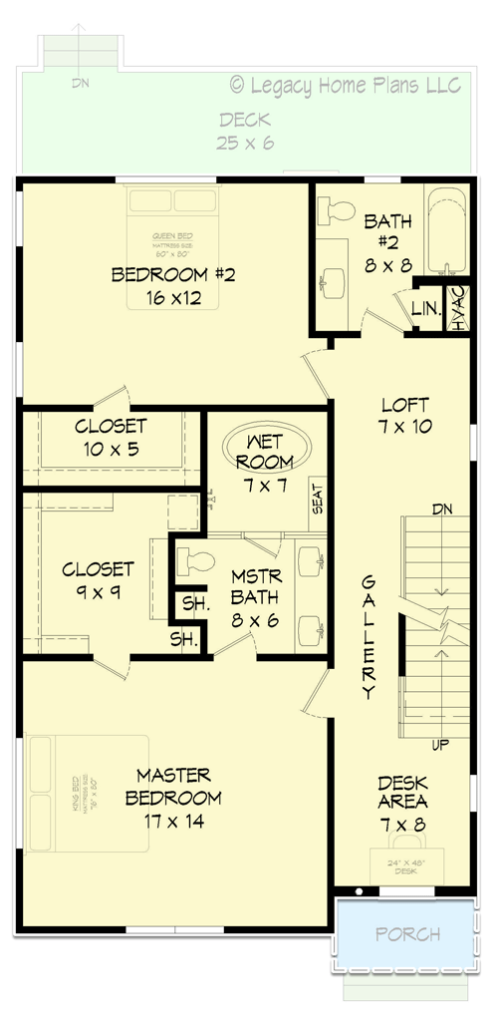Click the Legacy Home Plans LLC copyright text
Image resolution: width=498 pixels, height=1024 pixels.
[x=346, y=87]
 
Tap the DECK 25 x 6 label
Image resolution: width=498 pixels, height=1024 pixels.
[x=245, y=132]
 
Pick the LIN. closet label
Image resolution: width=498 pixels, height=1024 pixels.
[x=425, y=309]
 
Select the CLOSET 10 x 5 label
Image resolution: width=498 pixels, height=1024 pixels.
[x=111, y=438]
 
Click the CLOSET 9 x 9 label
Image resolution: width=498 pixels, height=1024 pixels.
[x=98, y=580]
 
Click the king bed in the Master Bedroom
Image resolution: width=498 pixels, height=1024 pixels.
[x=88, y=794]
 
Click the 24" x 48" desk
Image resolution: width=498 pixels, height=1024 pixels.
[x=404, y=867]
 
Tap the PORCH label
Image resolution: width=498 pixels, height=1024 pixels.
[x=408, y=934]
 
